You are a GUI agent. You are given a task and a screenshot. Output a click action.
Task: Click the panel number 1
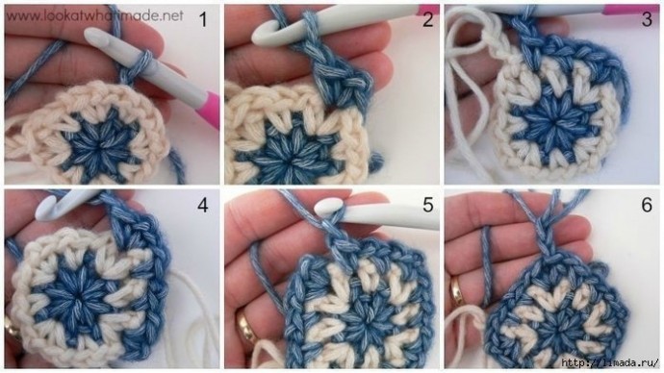[203, 19]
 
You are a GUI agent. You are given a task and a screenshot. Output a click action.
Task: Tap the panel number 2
[427, 19]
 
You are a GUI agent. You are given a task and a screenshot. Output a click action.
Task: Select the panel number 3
[647, 19]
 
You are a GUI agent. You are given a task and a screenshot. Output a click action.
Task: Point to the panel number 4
[203, 205]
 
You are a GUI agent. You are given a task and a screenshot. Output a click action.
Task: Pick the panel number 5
[427, 205]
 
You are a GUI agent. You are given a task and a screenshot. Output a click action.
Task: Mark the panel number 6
[647, 205]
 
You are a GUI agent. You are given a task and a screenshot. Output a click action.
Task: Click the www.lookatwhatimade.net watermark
[95, 16]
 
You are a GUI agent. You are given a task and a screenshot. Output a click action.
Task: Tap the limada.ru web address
[610, 362]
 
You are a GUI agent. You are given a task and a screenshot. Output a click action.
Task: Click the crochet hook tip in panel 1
[91, 35]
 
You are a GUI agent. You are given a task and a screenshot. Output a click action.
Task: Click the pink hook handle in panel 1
[209, 109]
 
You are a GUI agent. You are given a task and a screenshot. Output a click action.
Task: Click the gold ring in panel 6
[457, 291]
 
